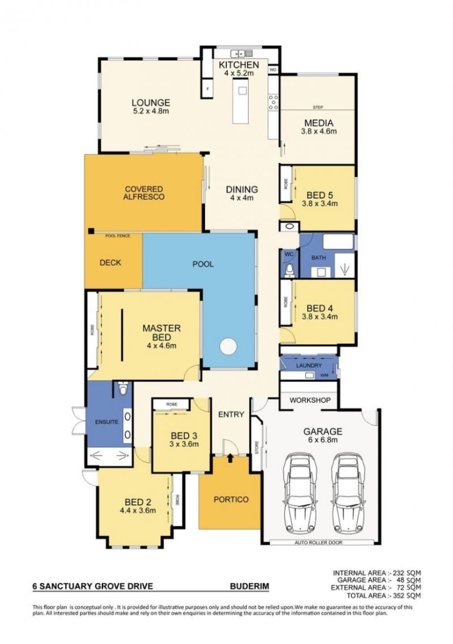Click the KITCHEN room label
[238, 65]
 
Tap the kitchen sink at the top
[241, 53]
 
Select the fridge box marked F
[208, 88]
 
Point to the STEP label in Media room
[318, 107]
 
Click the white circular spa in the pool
[228, 346]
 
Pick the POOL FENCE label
[118, 236]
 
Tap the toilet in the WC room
[290, 270]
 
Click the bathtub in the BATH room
[338, 242]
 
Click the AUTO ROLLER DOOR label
[318, 543]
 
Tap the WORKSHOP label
[310, 400]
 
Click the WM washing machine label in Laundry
[324, 375]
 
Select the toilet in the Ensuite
[123, 388]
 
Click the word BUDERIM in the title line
[250, 586]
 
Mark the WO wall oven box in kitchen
[273, 70]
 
